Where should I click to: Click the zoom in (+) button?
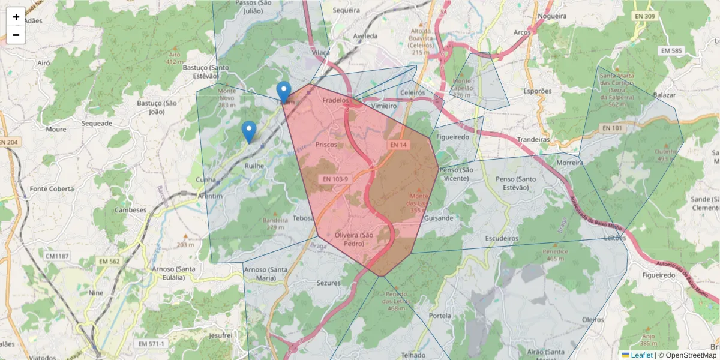point(16,17)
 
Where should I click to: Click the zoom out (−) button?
point(16,35)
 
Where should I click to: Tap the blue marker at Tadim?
point(284,92)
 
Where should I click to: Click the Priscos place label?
point(327,145)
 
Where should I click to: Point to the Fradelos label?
point(335,100)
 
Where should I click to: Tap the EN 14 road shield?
point(398,145)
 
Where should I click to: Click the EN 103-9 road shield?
point(336,178)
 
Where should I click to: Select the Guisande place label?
point(439,218)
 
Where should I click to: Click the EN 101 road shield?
point(613,128)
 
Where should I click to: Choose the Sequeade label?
point(97,124)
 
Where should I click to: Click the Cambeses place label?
point(131,211)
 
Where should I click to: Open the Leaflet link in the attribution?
point(642,355)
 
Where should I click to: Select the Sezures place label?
point(328,283)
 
